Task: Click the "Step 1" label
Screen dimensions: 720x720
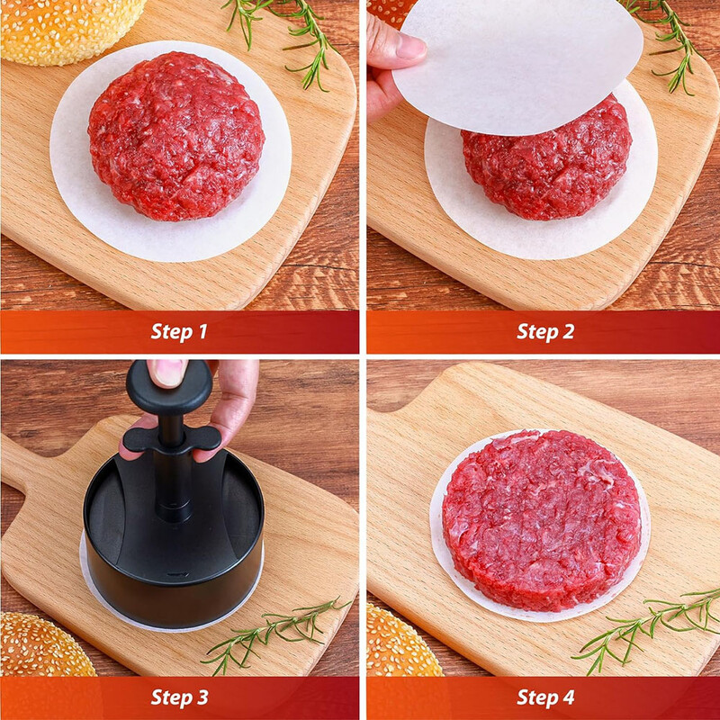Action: [x=179, y=331]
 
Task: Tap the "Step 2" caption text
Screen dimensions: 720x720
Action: [x=544, y=331]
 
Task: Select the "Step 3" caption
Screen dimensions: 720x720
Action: [x=179, y=697]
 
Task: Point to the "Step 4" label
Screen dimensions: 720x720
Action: [x=544, y=697]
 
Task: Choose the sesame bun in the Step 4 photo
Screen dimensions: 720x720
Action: [x=400, y=643]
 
